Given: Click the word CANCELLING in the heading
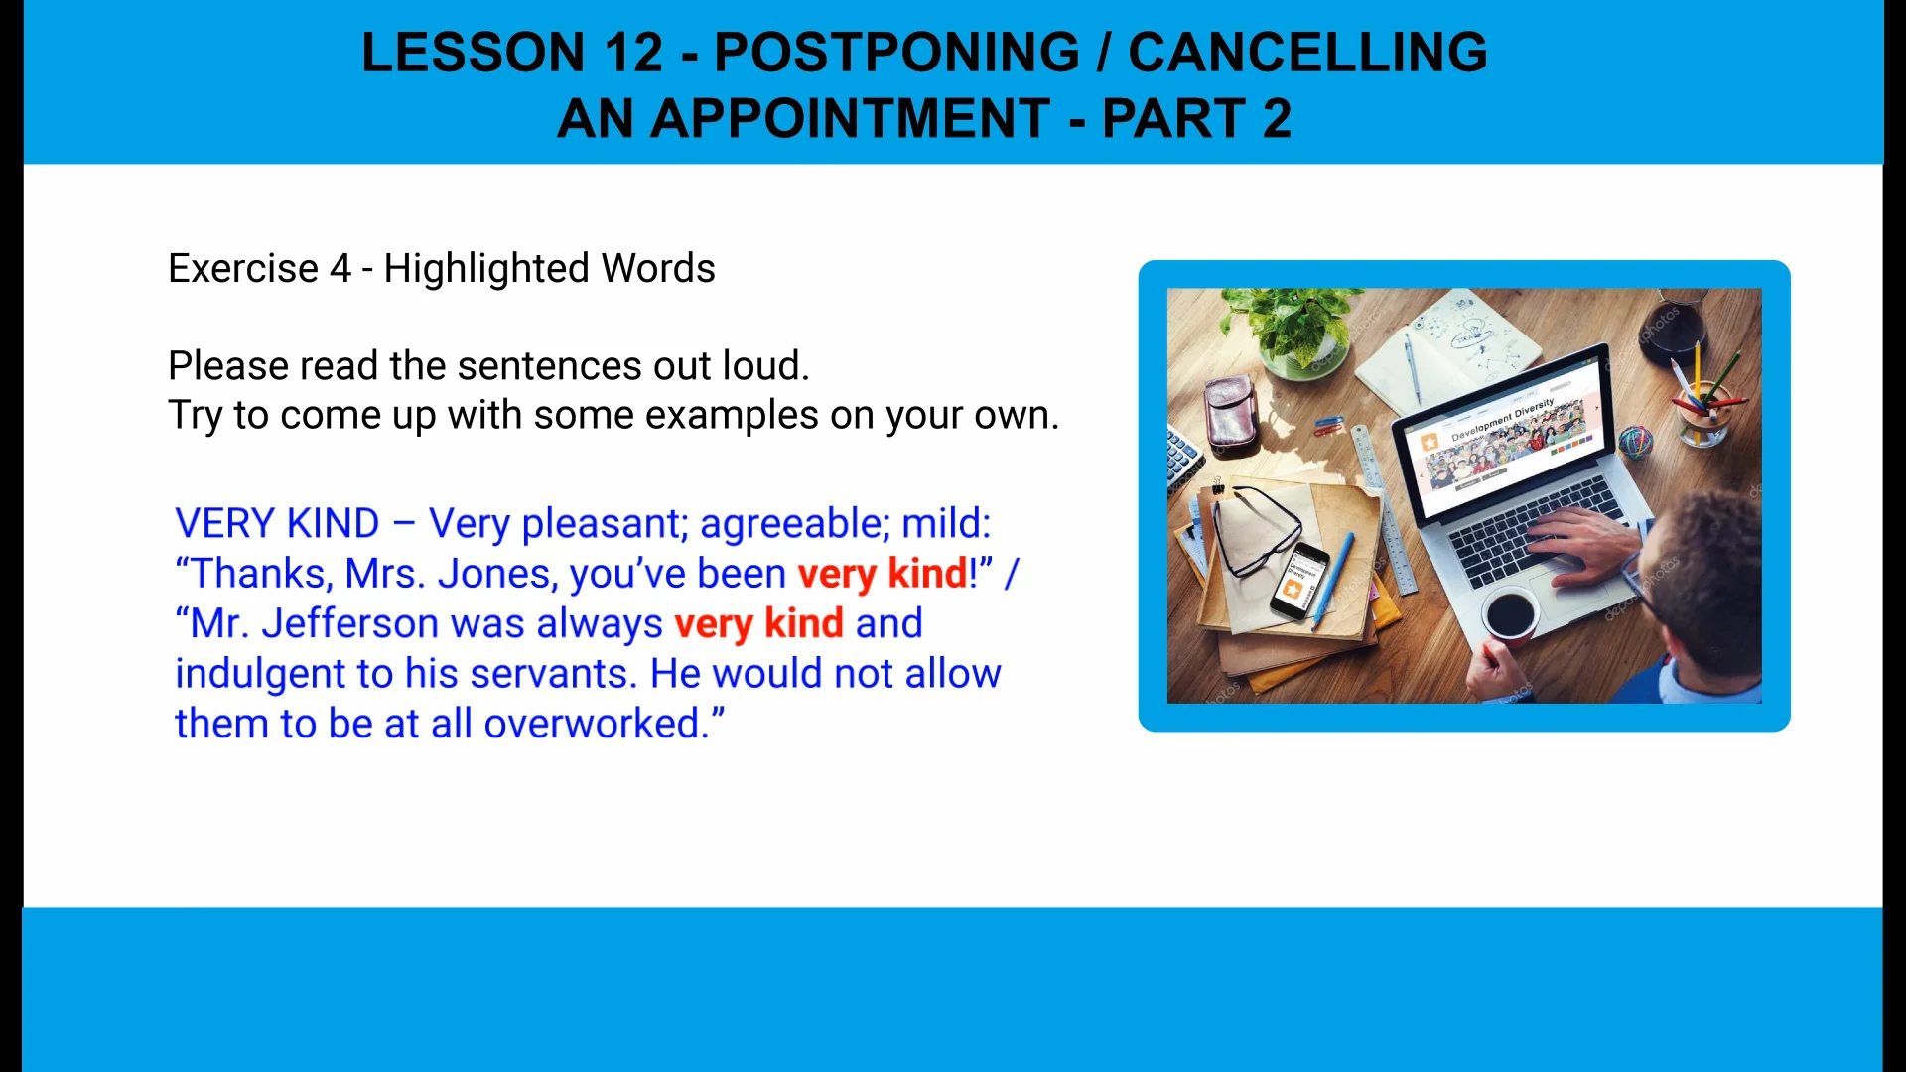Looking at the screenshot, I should pyautogui.click(x=1307, y=53).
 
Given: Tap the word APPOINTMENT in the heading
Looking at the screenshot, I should pyautogui.click(x=850, y=119).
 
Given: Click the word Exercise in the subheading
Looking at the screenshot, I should pyautogui.click(x=243, y=269).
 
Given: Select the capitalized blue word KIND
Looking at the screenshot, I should pyautogui.click(x=333, y=524).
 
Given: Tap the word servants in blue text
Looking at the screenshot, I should pyautogui.click(x=551, y=675).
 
